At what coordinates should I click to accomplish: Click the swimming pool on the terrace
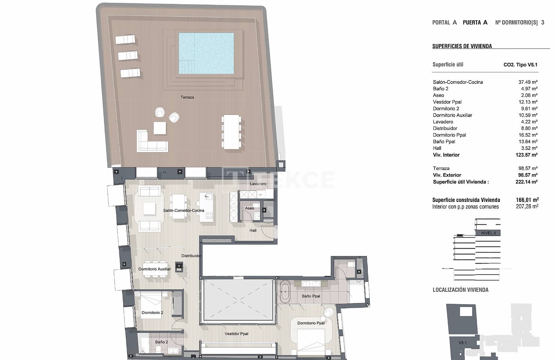coord(206,53)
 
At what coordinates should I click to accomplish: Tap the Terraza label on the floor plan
coord(187,97)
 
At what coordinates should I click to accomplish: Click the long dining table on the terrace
coord(231,131)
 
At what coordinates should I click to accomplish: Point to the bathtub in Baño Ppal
coord(284,292)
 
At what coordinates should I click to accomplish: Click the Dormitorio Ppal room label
coord(311,323)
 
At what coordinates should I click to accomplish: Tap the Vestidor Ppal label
coord(236,334)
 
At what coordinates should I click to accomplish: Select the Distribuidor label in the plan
coord(191,256)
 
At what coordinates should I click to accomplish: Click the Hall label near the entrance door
coord(253,230)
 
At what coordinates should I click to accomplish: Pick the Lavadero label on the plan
coord(258,184)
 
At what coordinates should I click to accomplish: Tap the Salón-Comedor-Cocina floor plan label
coord(183,211)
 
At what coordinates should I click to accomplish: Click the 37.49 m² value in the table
coord(528,82)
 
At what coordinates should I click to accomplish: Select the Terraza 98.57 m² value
coord(528,168)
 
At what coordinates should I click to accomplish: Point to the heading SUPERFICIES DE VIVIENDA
coord(462,46)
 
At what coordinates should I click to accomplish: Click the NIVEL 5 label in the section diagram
coord(488,233)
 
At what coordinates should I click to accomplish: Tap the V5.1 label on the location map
coord(462,343)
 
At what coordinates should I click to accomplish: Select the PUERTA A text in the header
coord(475,22)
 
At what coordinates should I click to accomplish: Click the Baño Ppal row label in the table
coord(444,142)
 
